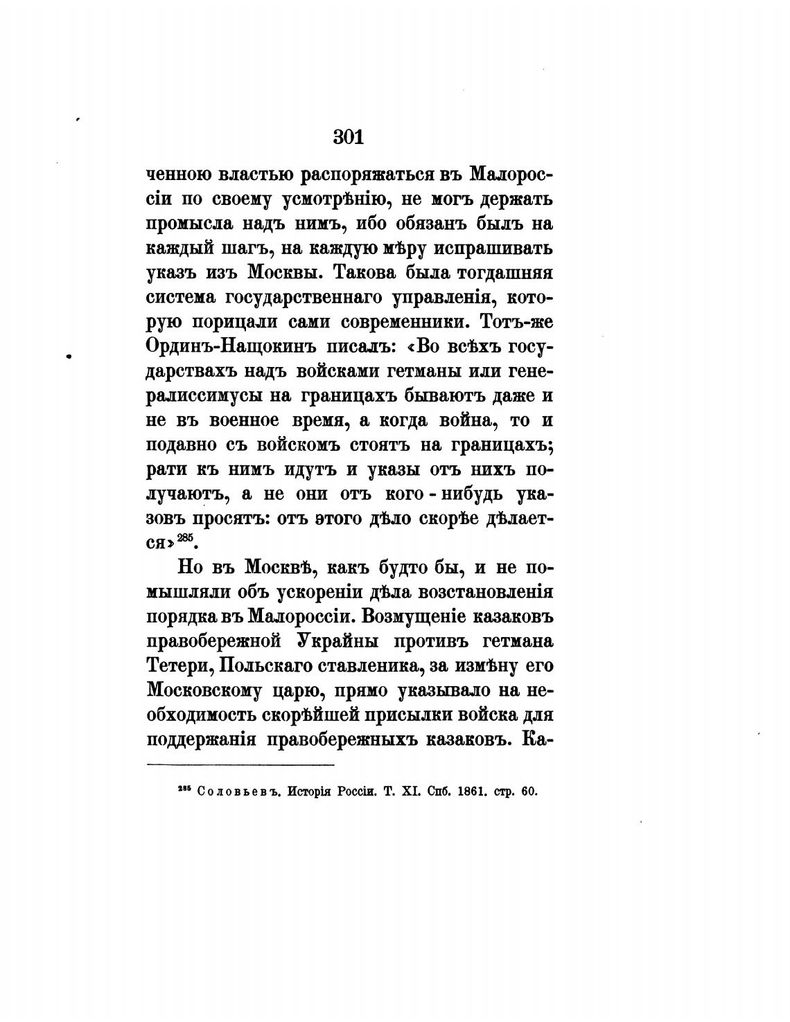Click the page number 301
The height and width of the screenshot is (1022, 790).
coord(348,136)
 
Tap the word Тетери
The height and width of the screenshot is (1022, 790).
coord(175,666)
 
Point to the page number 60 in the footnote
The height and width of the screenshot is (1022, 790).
coord(529,791)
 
